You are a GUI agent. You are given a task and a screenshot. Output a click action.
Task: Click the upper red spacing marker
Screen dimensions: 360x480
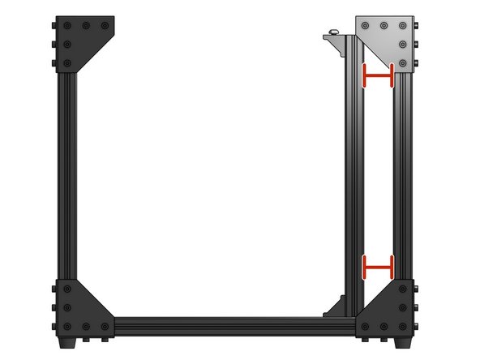pos(378,75)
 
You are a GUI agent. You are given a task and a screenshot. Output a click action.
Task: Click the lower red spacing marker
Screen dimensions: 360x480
pos(378,265)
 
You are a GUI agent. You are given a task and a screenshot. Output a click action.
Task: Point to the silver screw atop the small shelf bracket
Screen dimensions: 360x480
pos(332,33)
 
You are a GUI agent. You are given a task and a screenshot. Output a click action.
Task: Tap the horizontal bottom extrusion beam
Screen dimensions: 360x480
pos(235,325)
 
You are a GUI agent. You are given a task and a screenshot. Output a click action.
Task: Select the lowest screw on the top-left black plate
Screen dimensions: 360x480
pos(66,62)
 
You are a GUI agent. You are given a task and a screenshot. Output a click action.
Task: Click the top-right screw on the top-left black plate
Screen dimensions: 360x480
pos(105,25)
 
